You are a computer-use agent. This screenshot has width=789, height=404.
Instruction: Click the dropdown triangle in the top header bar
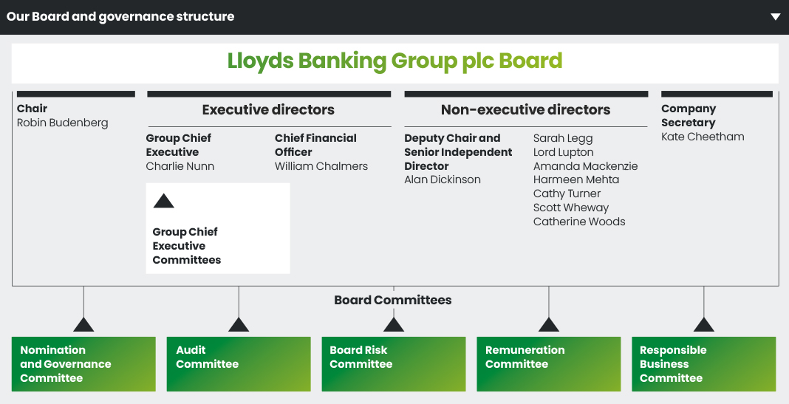point(775,16)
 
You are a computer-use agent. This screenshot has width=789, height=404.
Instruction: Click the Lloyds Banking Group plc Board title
point(394,61)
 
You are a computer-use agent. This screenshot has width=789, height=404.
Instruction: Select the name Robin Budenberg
point(62,123)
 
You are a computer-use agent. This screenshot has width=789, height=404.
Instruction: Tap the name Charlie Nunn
point(180,166)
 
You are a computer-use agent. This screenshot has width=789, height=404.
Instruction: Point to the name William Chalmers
point(321,166)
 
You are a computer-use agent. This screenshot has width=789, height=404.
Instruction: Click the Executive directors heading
point(268,110)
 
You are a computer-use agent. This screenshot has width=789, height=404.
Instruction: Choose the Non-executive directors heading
point(525,110)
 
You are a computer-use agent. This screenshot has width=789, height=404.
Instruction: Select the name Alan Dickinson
point(442,180)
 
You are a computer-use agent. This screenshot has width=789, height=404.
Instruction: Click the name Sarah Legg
point(563,138)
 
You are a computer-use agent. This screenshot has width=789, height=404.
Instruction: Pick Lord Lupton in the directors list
point(563,152)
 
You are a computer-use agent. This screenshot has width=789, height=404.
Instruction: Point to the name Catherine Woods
point(579,222)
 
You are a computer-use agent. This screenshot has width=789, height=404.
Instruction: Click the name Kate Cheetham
point(703,137)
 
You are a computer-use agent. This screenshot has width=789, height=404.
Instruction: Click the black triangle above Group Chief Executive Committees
point(163,201)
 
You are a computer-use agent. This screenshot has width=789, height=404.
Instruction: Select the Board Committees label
point(392,300)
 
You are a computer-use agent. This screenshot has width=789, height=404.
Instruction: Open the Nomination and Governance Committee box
point(83,364)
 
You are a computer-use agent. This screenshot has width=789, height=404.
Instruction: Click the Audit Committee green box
point(239,364)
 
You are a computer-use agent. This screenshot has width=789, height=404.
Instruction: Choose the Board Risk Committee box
point(394,364)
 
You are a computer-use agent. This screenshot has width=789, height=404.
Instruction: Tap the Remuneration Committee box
point(549,364)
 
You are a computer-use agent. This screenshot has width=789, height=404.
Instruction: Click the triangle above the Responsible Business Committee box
point(703,325)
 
